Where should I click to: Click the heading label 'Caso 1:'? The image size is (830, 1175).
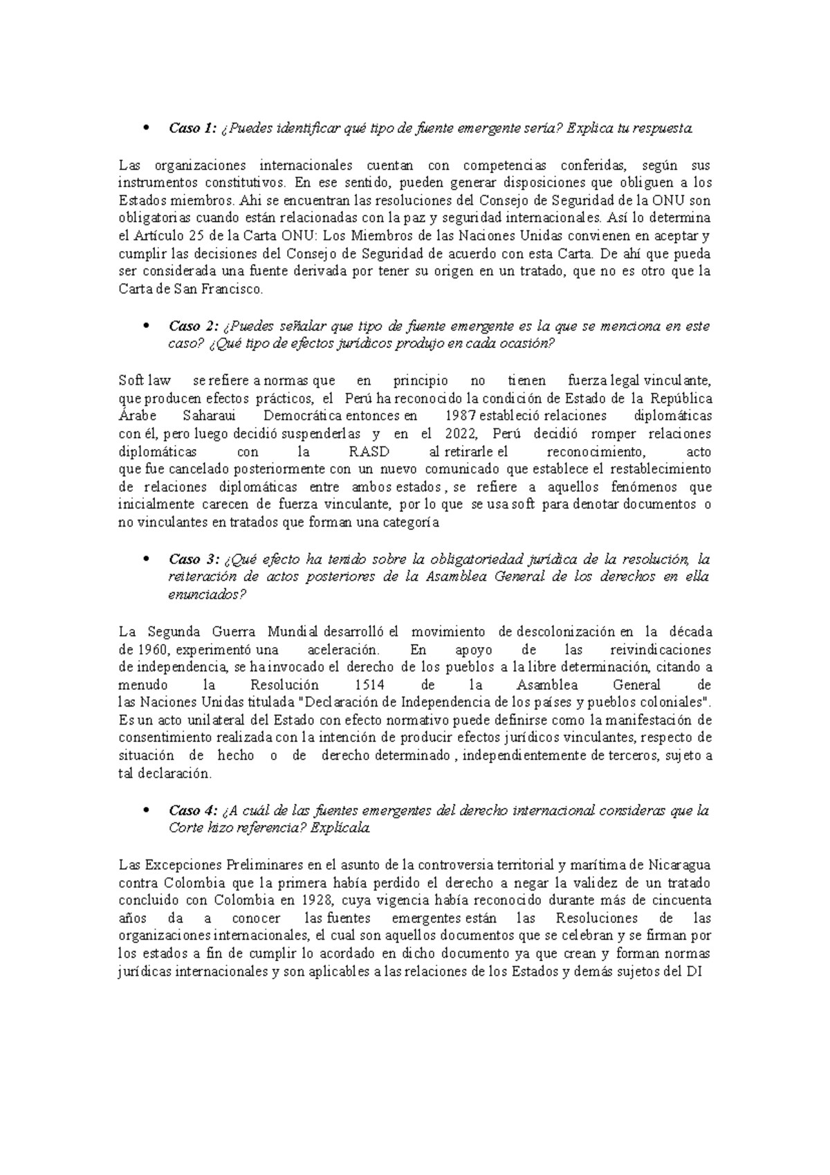coord(193,128)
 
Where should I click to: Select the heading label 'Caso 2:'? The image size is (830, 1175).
coord(193,326)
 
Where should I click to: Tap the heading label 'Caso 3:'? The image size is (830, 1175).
coord(193,559)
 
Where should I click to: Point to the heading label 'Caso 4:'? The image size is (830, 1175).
coord(193,810)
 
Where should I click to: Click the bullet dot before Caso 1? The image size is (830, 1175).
coord(145,129)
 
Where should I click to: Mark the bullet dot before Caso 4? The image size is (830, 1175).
coord(145,811)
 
